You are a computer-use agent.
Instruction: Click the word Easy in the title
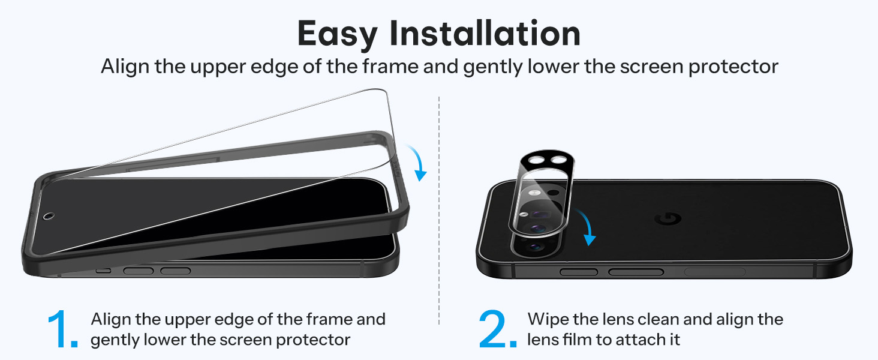[x=338, y=35]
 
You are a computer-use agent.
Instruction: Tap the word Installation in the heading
[x=485, y=34]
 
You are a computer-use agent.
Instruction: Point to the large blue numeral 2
[x=498, y=329]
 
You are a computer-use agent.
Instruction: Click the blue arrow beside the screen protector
[x=418, y=161]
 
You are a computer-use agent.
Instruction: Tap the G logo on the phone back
[x=669, y=219]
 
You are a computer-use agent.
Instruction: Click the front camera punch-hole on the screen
[x=49, y=216]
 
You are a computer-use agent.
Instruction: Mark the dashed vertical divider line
[x=439, y=211]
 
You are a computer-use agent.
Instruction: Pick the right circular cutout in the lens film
[x=558, y=160]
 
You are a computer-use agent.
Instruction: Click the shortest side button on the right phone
[x=579, y=272]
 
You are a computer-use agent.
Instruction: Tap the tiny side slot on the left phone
[x=104, y=271]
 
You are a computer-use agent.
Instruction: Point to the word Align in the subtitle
[x=125, y=67]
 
